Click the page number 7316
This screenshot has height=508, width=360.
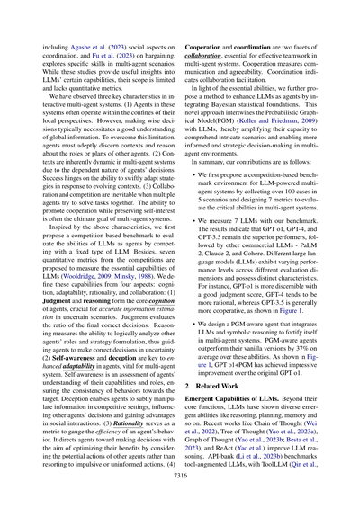pyautogui.click(x=180, y=483)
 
